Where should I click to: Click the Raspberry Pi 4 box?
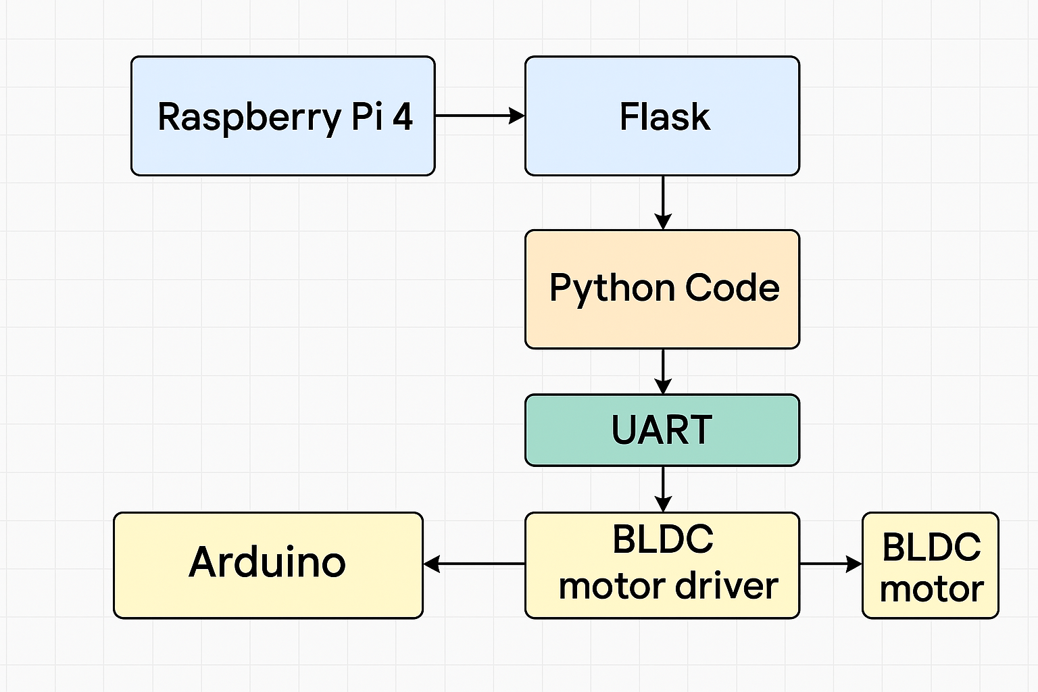point(283,116)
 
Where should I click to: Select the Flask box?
point(662,116)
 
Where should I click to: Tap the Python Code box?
point(662,289)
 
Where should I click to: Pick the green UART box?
point(662,430)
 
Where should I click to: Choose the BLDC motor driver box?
point(662,565)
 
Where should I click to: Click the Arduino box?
point(268,565)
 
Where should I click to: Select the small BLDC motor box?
point(931,565)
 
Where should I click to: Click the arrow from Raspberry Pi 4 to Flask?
point(480,116)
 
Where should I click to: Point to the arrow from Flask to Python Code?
point(663,203)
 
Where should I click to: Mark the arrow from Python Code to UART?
point(663,372)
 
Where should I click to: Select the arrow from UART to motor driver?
point(663,489)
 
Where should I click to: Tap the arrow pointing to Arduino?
point(474,564)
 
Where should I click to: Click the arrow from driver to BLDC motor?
point(831,564)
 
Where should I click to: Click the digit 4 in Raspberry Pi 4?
point(402,116)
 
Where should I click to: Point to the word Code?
point(732,287)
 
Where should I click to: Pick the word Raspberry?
point(250,119)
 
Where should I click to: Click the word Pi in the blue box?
point(367,116)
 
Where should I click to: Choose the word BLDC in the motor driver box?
point(663,539)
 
